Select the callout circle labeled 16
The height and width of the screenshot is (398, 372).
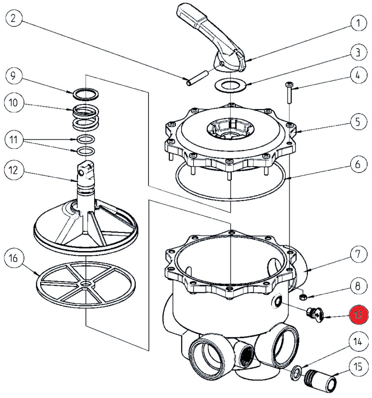pyautogui.click(x=14, y=259)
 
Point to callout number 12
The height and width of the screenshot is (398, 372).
pyautogui.click(x=14, y=170)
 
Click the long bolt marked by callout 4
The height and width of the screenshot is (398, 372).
pyautogui.click(x=289, y=93)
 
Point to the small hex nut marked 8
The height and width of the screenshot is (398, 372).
pyautogui.click(x=302, y=297)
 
